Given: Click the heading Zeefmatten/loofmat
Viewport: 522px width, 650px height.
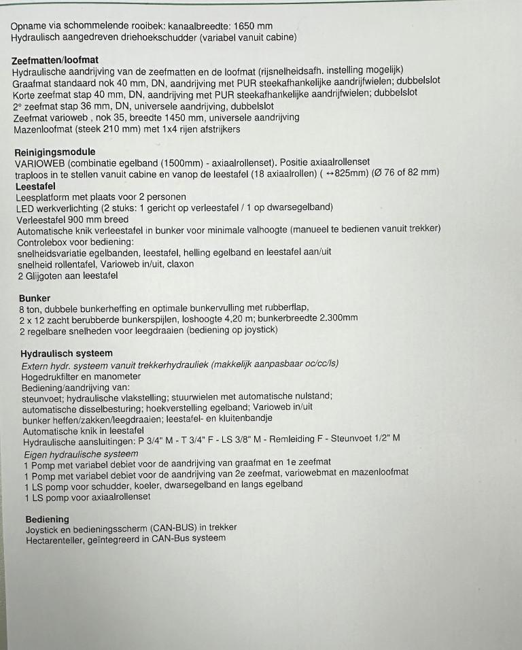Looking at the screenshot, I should (55, 60).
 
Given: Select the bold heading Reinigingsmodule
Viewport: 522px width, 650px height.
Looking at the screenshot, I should (55, 152).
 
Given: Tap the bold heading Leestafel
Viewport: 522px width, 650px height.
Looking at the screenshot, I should (35, 186).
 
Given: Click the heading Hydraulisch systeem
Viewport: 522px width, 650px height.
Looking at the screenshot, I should (67, 354).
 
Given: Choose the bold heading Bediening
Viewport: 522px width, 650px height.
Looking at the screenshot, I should (47, 519).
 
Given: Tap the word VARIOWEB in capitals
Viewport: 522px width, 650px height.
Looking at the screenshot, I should (39, 163).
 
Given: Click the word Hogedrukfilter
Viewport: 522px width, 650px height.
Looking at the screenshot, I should (54, 376).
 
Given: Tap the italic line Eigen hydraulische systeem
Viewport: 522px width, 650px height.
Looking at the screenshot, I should (81, 454).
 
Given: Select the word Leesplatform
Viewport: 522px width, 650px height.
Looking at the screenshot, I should (44, 196).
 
